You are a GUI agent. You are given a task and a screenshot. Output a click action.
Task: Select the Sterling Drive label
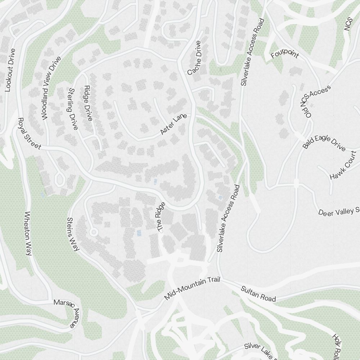(72, 109)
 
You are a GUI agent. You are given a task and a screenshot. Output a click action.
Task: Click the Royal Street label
(30, 134)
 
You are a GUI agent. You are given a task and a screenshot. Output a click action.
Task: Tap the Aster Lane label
(173, 125)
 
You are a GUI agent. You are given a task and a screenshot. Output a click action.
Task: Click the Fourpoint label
(285, 55)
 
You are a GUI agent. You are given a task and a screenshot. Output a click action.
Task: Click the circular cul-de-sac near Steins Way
(94, 232)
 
